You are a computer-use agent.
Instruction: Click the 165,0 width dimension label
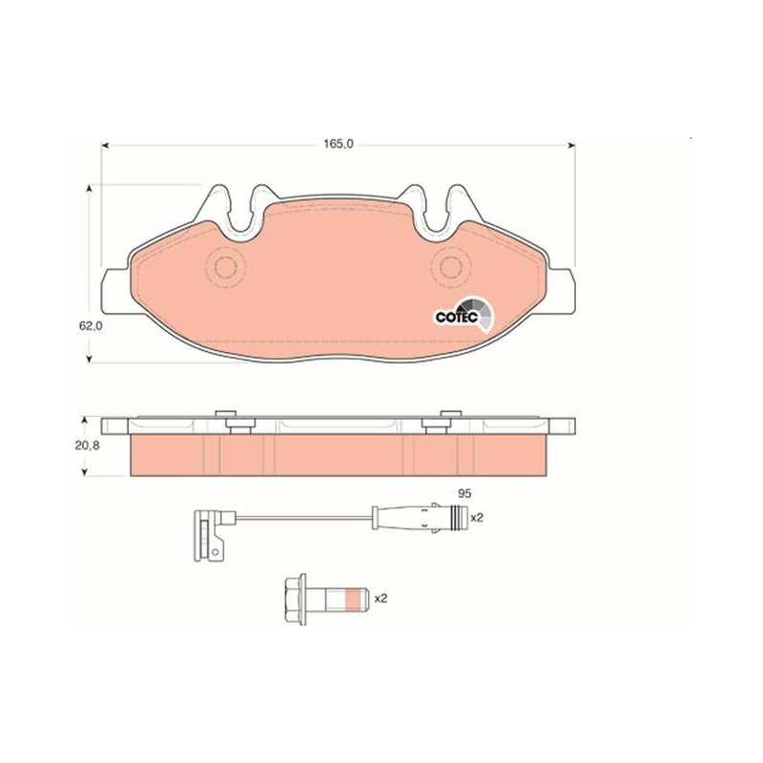(x=339, y=144)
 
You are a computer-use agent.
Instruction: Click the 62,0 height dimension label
(x=91, y=326)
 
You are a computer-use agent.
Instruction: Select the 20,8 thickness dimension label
(x=87, y=444)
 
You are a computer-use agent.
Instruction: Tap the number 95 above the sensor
(x=464, y=493)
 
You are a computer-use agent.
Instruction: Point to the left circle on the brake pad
(x=226, y=267)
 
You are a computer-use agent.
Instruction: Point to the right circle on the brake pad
(x=450, y=267)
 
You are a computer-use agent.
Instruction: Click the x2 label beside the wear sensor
(x=477, y=518)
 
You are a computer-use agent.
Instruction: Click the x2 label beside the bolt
(x=381, y=599)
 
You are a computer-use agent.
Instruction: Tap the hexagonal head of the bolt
(x=292, y=599)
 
